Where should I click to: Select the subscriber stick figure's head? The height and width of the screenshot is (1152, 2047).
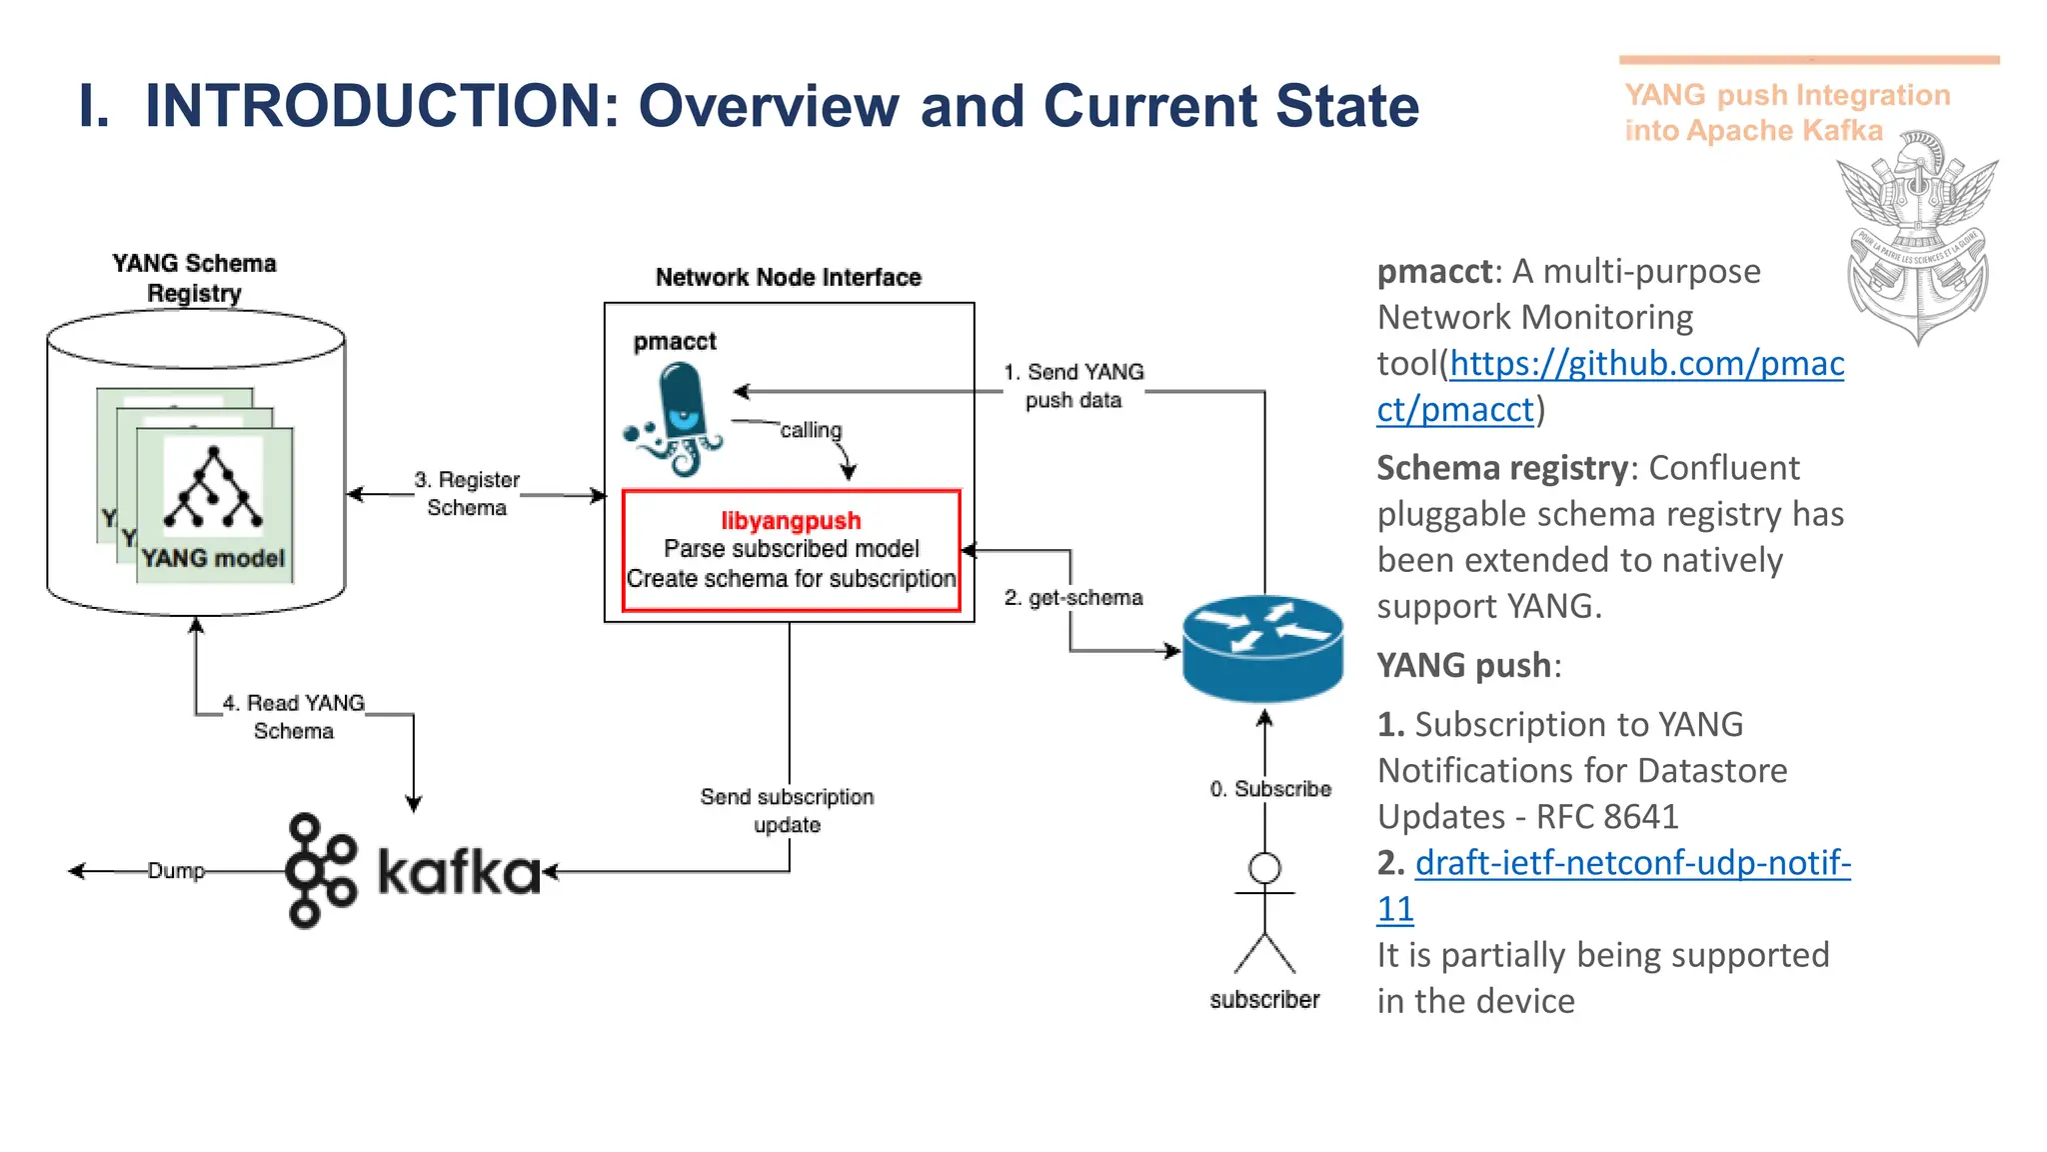[1264, 867]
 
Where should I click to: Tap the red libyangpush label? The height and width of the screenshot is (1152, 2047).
[791, 521]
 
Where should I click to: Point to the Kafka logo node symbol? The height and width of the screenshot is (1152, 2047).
[320, 870]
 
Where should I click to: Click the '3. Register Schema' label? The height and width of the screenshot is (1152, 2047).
[467, 494]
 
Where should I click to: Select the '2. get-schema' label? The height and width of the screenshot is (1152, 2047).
[1073, 598]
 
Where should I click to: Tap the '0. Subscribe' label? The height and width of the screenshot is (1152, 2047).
[1270, 789]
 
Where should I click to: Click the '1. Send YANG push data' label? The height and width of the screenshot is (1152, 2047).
[1073, 386]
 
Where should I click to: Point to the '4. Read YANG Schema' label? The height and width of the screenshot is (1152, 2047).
[294, 717]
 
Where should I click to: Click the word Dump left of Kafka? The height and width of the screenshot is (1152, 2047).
[176, 871]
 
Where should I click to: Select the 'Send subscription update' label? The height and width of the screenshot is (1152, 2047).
[787, 811]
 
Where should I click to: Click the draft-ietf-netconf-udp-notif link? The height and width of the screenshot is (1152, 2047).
[1632, 863]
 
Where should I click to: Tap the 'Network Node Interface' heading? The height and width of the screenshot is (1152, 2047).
[788, 278]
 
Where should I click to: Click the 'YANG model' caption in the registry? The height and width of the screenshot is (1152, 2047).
[213, 559]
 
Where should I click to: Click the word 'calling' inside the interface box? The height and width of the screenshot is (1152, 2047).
[811, 430]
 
